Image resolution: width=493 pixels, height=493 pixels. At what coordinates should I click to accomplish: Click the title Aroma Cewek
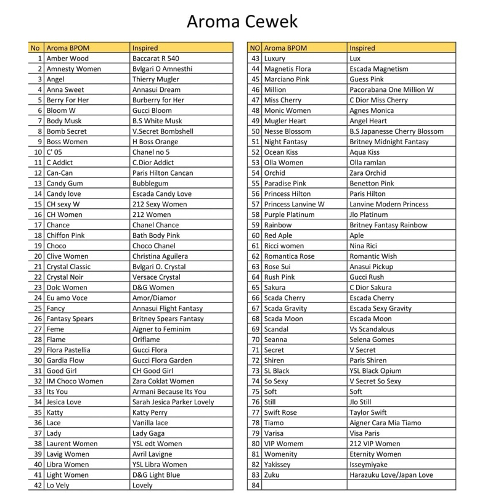coord(242,22)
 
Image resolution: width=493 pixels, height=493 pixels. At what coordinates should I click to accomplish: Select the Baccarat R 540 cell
coord(156,59)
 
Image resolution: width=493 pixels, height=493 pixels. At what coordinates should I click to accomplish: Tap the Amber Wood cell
coord(68,59)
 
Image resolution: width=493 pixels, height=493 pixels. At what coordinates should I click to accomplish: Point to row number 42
coord(38,485)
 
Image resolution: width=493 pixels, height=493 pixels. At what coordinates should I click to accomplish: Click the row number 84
coord(255,485)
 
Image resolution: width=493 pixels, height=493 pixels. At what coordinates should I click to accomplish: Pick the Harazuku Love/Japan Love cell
coord(391,475)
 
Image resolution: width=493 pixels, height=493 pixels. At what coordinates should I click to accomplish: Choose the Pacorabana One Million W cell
coord(391,89)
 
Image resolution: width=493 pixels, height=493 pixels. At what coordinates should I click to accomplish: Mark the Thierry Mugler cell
coord(156,79)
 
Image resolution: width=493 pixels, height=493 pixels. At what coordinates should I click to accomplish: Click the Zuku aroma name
coord(272,475)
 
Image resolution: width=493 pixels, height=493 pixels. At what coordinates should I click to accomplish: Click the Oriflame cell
coord(147,339)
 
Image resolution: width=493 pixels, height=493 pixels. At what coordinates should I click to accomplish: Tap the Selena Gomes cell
coord(371,339)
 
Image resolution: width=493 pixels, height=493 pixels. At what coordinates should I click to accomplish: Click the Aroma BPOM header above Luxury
coord(285,47)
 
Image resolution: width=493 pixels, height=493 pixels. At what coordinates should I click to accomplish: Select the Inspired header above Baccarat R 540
coord(145,47)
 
